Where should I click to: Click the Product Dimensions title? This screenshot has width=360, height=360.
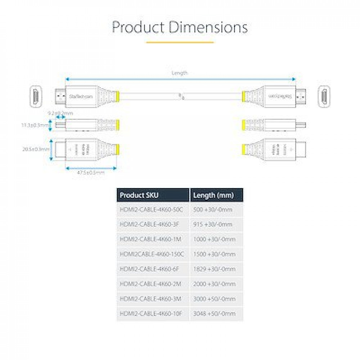(180, 27)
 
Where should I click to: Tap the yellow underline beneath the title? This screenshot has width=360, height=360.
(180, 42)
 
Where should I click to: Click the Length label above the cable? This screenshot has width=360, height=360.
(179, 73)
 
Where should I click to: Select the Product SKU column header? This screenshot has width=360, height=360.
(153, 195)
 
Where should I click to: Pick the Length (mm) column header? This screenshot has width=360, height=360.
(216, 195)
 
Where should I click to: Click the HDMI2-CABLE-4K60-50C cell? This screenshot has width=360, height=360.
(153, 210)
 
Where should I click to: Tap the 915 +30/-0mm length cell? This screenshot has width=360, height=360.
(216, 225)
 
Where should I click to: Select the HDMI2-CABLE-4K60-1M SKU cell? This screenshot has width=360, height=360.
(153, 239)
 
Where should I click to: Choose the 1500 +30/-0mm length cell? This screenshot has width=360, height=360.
(216, 254)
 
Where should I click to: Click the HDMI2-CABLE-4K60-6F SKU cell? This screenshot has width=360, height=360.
(153, 269)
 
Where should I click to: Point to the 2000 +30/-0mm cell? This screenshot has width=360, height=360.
(216, 284)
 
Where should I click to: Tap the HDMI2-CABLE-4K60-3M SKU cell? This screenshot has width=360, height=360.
(153, 299)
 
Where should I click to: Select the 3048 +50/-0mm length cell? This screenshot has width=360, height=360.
(216, 314)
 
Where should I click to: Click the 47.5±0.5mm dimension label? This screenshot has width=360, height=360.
(91, 173)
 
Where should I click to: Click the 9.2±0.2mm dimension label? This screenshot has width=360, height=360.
(60, 113)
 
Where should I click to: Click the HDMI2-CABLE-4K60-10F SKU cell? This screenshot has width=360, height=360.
(153, 314)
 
